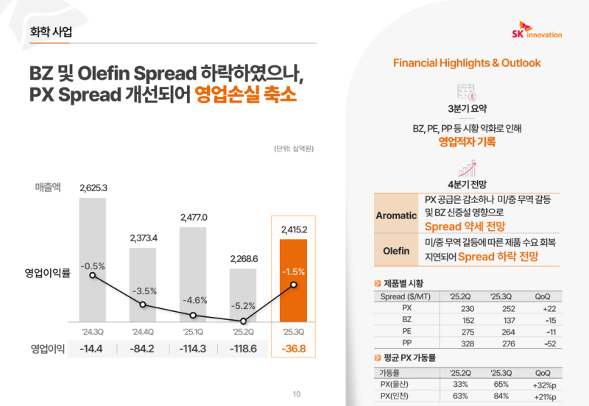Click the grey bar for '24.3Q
[x=94, y=257]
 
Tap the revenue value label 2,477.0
[x=194, y=218]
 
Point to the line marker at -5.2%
[x=244, y=321]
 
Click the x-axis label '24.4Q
[x=144, y=331]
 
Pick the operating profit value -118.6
[x=244, y=349]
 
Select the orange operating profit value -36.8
[x=294, y=349]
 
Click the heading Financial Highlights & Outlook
[x=467, y=63]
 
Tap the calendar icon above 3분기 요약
[x=466, y=92]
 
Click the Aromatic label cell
[x=397, y=216]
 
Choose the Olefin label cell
[x=397, y=251]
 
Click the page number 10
[x=297, y=393]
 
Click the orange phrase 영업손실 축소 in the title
[x=245, y=96]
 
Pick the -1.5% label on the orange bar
[x=294, y=271]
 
